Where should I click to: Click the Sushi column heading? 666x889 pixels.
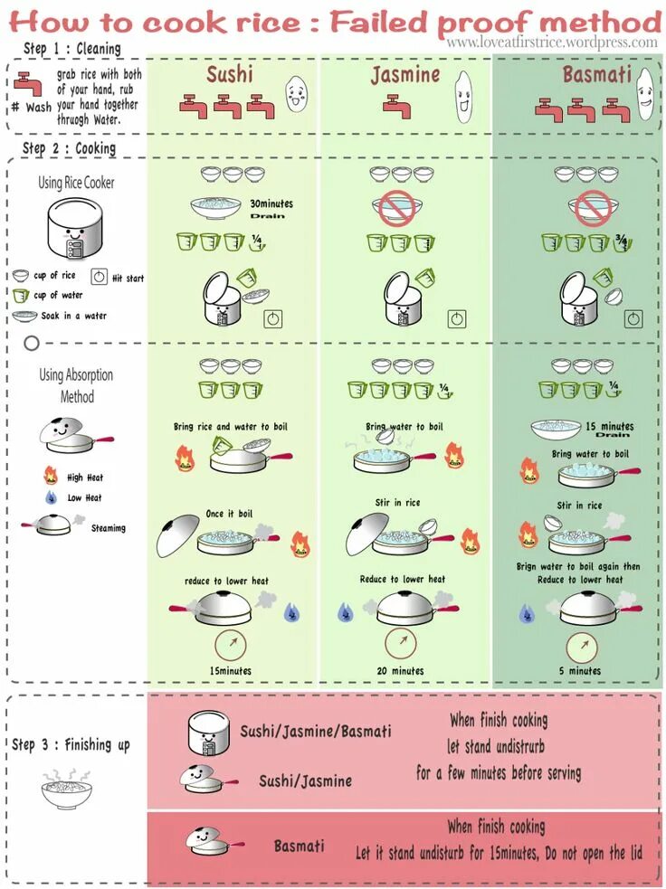(229, 73)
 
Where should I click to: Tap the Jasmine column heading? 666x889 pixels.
(404, 74)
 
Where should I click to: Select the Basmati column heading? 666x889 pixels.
(596, 73)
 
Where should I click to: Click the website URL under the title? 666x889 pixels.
(552, 43)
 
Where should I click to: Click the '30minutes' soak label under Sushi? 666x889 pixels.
(271, 203)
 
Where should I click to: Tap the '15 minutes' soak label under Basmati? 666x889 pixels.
(609, 426)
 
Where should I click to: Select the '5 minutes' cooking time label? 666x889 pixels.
(580, 670)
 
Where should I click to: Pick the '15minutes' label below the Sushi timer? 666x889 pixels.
(231, 670)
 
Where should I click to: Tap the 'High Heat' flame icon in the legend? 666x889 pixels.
(50, 476)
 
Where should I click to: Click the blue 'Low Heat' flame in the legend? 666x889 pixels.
(50, 497)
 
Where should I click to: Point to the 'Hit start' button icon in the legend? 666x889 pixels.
(99, 277)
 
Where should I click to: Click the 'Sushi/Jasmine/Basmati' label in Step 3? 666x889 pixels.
(316, 730)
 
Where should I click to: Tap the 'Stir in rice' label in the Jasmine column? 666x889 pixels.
(398, 502)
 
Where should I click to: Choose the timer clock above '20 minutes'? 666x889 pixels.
(400, 641)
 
